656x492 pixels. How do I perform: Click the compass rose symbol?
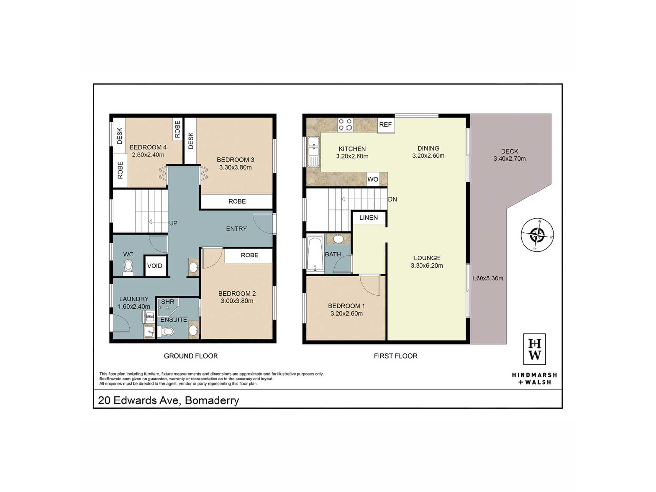[537, 235]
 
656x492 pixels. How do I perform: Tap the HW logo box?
[535, 349]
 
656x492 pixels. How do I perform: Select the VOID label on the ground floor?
[154, 266]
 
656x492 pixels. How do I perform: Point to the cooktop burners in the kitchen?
[345, 125]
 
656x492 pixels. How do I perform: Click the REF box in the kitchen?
[385, 125]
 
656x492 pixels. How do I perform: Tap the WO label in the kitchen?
[373, 179]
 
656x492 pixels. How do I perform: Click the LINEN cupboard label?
[368, 218]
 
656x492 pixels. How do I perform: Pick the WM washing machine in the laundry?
[150, 317]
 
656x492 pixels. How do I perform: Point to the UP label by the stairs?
[173, 223]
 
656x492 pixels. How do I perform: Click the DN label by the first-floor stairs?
[392, 199]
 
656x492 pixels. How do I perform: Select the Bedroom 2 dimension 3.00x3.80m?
[237, 301]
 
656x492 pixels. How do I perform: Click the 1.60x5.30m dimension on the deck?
[487, 278]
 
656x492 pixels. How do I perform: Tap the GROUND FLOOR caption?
[191, 356]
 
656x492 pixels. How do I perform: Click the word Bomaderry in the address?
[212, 400]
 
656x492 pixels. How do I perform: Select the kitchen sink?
[313, 152]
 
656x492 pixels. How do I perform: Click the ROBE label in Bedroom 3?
[237, 201]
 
